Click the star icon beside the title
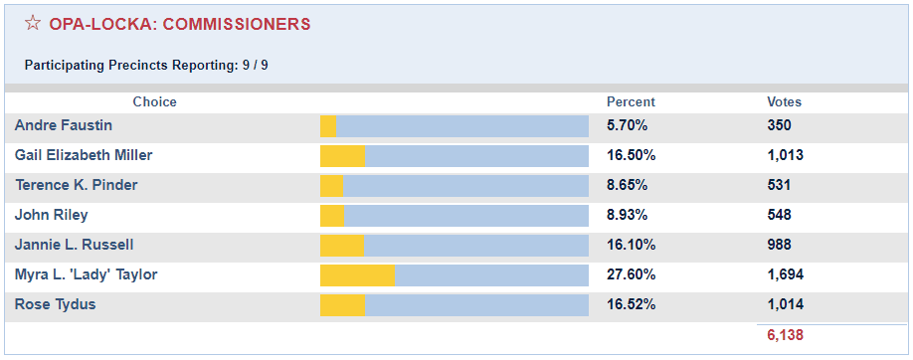[x=33, y=23]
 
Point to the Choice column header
[x=154, y=101]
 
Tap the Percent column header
[x=631, y=101]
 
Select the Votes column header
[x=784, y=101]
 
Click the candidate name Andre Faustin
[x=64, y=125]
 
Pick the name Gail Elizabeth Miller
[x=84, y=155]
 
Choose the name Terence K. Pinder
[x=77, y=185]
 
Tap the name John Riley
[x=52, y=215]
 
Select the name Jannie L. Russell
[x=75, y=245]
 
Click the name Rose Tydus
[x=56, y=304]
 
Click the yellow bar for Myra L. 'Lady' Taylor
[x=357, y=274]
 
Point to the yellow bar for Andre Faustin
[x=328, y=125]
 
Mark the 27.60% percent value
[x=631, y=274]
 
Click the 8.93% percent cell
[x=627, y=215]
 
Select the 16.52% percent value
[x=631, y=304]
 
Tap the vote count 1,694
[x=785, y=274]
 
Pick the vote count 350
[x=779, y=125]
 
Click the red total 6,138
[x=785, y=335]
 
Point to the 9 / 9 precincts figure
[x=256, y=66]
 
